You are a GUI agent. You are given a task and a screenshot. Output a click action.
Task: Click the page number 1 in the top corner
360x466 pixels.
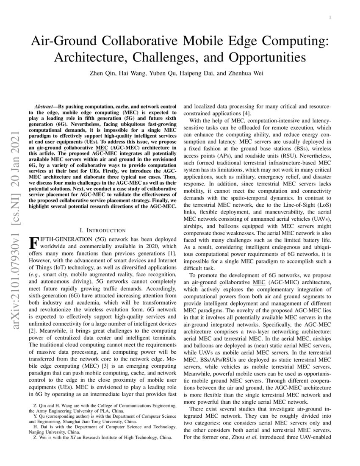click(x=330, y=17)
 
